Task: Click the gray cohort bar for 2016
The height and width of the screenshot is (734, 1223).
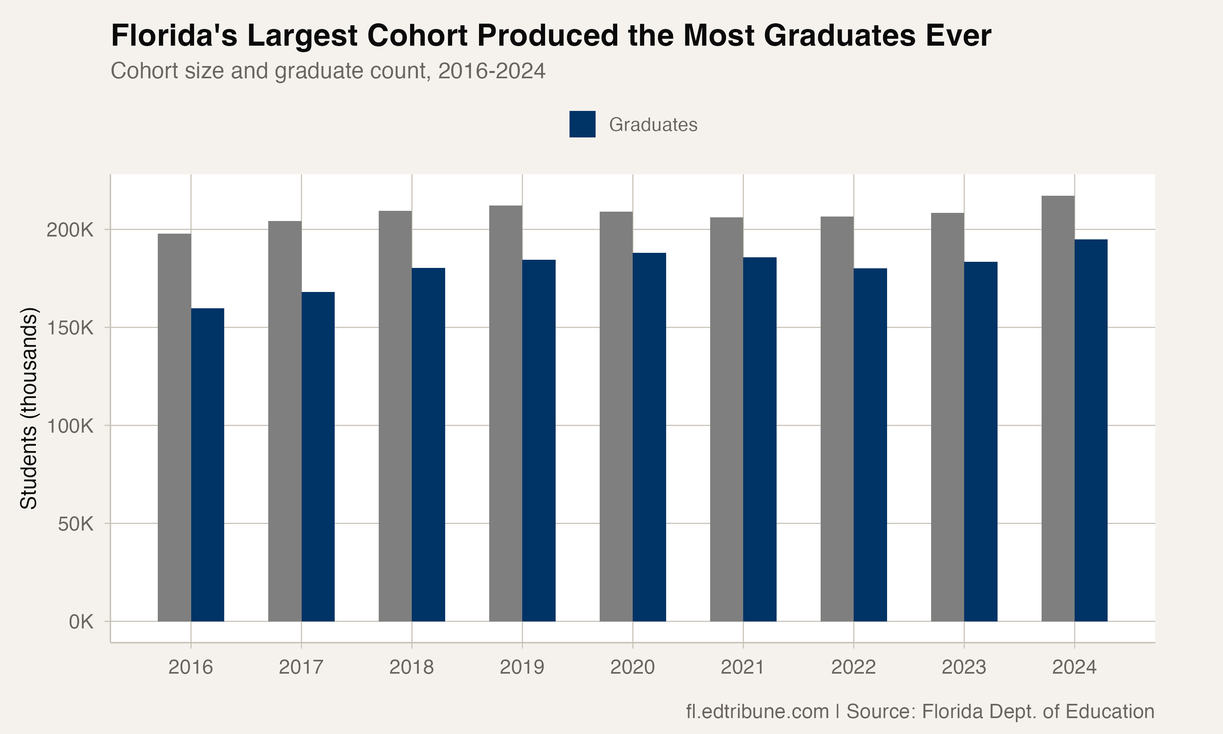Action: [x=174, y=427]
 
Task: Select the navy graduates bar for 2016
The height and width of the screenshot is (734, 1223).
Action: [x=208, y=465]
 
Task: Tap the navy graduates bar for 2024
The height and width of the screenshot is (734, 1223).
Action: [x=1091, y=430]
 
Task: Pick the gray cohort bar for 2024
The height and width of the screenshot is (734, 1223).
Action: [x=1058, y=409]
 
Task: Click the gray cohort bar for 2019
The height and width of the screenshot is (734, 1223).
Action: [x=506, y=413]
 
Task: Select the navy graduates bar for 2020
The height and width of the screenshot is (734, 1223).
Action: [x=649, y=437]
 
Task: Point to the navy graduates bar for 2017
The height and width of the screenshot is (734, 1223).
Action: [x=318, y=457]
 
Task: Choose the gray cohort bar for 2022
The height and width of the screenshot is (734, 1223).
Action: [x=837, y=419]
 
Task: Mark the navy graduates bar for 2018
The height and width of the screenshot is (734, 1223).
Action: [x=428, y=444]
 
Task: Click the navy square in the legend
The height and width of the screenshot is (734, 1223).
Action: [x=582, y=124]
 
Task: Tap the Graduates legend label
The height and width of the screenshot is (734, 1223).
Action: [x=653, y=125]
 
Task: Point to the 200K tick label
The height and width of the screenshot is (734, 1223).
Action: [x=70, y=230]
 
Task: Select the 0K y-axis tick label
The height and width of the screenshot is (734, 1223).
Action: [x=81, y=622]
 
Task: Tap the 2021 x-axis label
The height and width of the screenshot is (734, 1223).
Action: [x=742, y=667]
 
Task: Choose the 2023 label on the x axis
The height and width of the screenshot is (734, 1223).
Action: [x=963, y=667]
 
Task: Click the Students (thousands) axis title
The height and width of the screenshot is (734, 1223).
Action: [x=29, y=409]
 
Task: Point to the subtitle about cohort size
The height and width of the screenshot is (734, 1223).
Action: [x=328, y=71]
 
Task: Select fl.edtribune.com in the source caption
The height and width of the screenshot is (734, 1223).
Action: [x=757, y=712]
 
